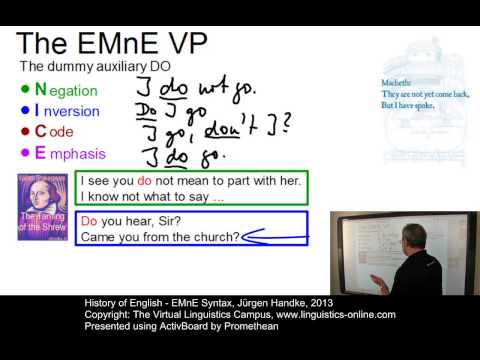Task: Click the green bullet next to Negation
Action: pyautogui.click(x=25, y=89)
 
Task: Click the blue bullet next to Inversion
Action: pyautogui.click(x=25, y=110)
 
